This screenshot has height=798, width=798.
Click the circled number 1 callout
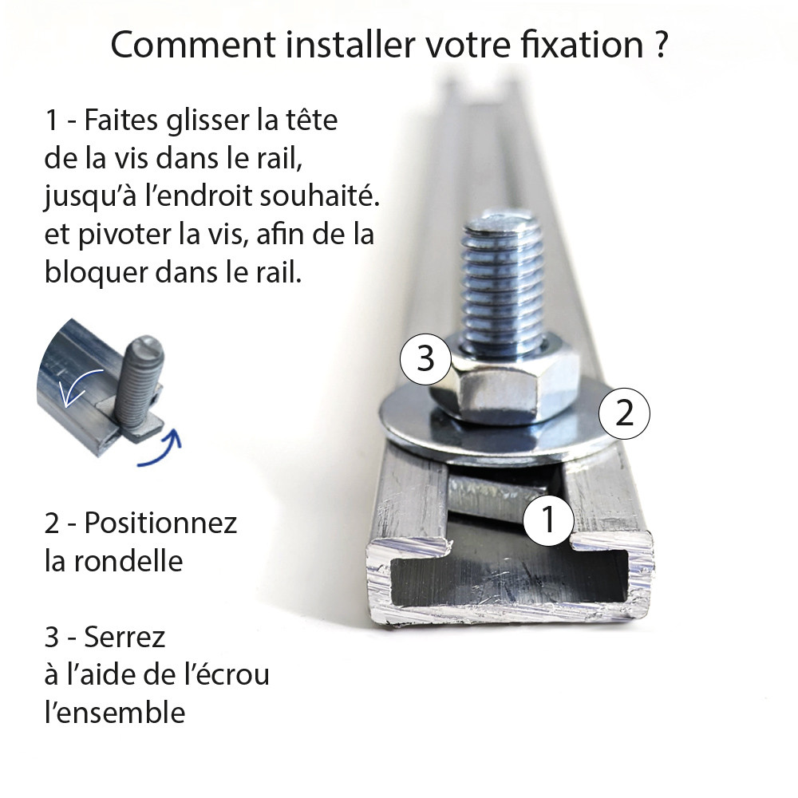[x=547, y=519]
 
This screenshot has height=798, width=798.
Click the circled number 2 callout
[x=625, y=413]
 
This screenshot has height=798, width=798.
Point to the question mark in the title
[x=658, y=45]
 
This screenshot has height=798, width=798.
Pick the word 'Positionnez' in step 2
[x=160, y=523]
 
